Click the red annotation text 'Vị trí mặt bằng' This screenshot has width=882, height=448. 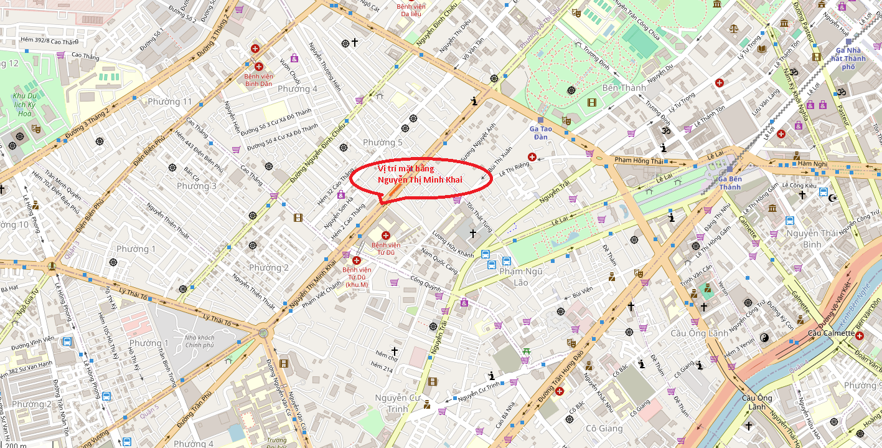(406, 169)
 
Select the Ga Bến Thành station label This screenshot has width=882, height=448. (730, 183)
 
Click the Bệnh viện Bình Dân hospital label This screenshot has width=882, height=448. (258, 80)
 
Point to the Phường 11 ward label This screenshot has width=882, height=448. (169, 102)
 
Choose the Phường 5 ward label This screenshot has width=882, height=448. (383, 143)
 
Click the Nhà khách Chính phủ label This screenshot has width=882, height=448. (199, 341)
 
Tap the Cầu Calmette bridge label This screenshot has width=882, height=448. (831, 333)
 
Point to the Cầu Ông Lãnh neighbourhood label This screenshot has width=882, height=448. (699, 333)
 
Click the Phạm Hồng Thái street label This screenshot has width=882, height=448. (639, 160)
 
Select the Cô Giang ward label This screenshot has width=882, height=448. (604, 429)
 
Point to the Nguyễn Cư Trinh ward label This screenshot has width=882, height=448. (399, 403)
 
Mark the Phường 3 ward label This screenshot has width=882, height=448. (197, 186)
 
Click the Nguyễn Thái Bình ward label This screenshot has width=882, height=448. (812, 239)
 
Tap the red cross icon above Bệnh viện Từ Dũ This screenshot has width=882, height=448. (385, 236)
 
